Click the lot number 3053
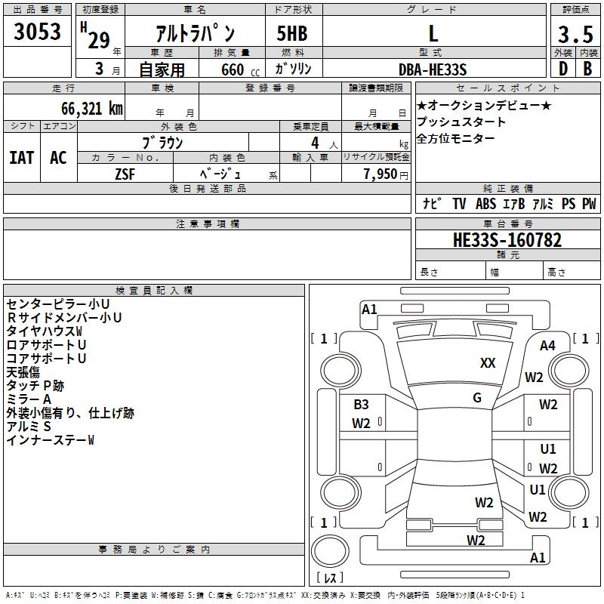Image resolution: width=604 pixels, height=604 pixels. pos(38,32)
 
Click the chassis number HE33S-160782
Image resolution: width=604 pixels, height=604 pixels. pos(507,240)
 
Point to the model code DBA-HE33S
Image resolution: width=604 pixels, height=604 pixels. pos(433,69)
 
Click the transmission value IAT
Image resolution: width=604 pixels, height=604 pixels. pos(21,158)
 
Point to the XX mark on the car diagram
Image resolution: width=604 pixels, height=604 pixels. pos(488,363)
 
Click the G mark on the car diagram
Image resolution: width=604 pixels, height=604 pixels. pos(477,398)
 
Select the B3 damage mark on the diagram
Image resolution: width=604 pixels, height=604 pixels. pos(361,405)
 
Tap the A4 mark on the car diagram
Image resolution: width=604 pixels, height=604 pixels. pos(547,346)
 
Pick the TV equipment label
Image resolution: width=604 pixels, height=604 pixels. pos(459,204)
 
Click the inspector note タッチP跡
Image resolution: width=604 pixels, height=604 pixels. pos(35,386)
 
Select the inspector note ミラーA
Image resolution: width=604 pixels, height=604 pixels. pos(29,399)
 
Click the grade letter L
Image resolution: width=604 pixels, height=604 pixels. pos(433,34)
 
